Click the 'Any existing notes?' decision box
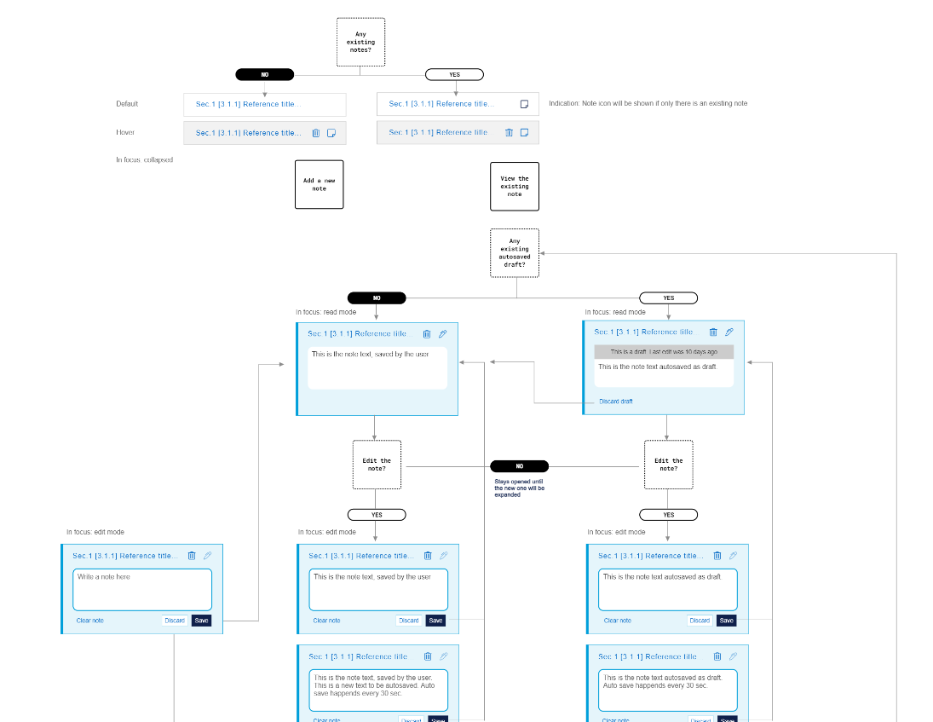[360, 42]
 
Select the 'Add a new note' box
[320, 184]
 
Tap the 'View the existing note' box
[515, 186]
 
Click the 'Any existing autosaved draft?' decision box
[515, 252]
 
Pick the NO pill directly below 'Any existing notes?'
[265, 74]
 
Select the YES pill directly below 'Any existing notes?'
[454, 74]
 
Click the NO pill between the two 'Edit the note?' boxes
[519, 466]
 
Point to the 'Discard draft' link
[616, 401]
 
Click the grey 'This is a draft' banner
[664, 351]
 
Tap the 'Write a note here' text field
[142, 589]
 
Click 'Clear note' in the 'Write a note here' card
[89, 621]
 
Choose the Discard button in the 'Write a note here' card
[175, 621]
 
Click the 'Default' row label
[127, 104]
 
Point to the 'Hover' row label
[125, 132]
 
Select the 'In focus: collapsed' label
[145, 159]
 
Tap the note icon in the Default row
[525, 104]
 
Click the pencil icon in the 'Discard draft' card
[729, 332]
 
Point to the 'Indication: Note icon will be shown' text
[648, 104]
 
